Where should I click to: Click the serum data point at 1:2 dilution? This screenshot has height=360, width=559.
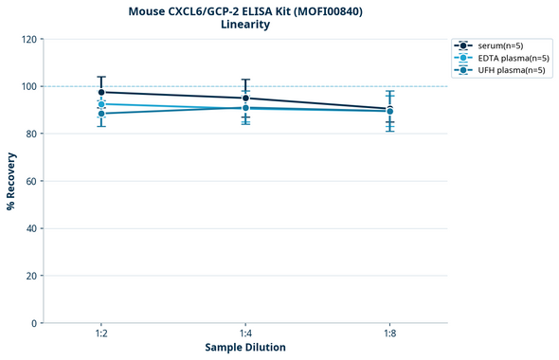click(101, 92)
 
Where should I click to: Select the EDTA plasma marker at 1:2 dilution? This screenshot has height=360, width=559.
click(101, 104)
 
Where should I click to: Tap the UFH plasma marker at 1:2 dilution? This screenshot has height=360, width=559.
click(101, 114)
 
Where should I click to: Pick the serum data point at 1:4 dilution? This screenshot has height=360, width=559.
click(245, 99)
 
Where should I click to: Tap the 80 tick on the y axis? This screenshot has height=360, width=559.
click(31, 134)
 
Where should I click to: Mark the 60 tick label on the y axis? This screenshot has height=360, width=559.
click(31, 181)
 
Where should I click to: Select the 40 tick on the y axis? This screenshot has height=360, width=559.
click(31, 228)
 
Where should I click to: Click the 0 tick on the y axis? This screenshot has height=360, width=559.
click(34, 323)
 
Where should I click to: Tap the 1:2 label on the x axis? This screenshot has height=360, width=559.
click(101, 334)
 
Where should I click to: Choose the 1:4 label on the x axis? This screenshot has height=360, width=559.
click(245, 334)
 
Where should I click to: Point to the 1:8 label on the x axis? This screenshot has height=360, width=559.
click(389, 334)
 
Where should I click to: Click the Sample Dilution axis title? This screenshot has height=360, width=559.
click(245, 348)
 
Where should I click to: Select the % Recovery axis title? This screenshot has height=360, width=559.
click(11, 181)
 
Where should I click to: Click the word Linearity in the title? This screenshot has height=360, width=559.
click(245, 25)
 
